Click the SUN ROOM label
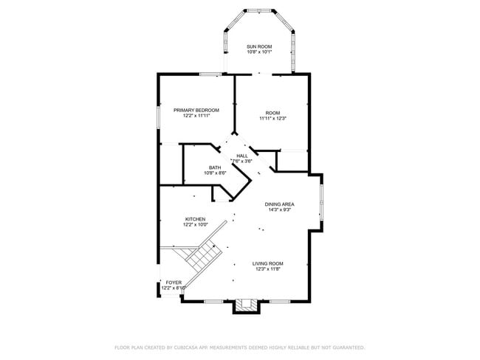[259, 46]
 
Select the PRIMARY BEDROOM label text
[196, 110]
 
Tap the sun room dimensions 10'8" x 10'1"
[259, 52]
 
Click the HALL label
[242, 156]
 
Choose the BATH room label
[215, 167]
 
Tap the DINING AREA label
[280, 204]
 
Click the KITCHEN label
[195, 219]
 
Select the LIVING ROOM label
[268, 263]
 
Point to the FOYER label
[174, 283]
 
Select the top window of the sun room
[259, 10]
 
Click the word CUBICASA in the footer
[185, 347]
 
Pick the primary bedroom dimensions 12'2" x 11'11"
[196, 116]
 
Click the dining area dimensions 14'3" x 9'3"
[280, 210]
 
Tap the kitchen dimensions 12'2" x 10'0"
[195, 225]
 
